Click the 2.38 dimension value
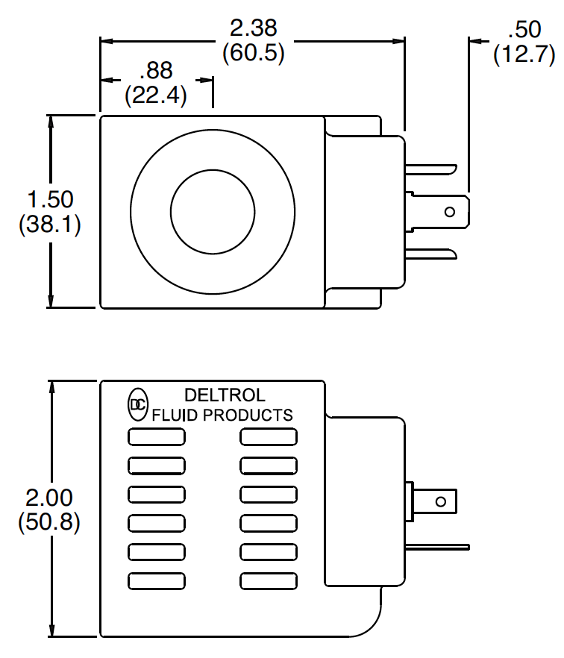[x=254, y=28]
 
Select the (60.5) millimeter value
[x=254, y=53]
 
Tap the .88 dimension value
[x=156, y=70]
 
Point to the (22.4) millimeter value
[x=156, y=95]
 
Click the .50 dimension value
[x=524, y=29]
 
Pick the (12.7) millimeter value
[x=524, y=54]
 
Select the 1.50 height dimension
[x=50, y=199]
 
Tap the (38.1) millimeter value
[x=49, y=224]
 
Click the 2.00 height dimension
[x=49, y=498]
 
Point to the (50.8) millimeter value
[x=49, y=522]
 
